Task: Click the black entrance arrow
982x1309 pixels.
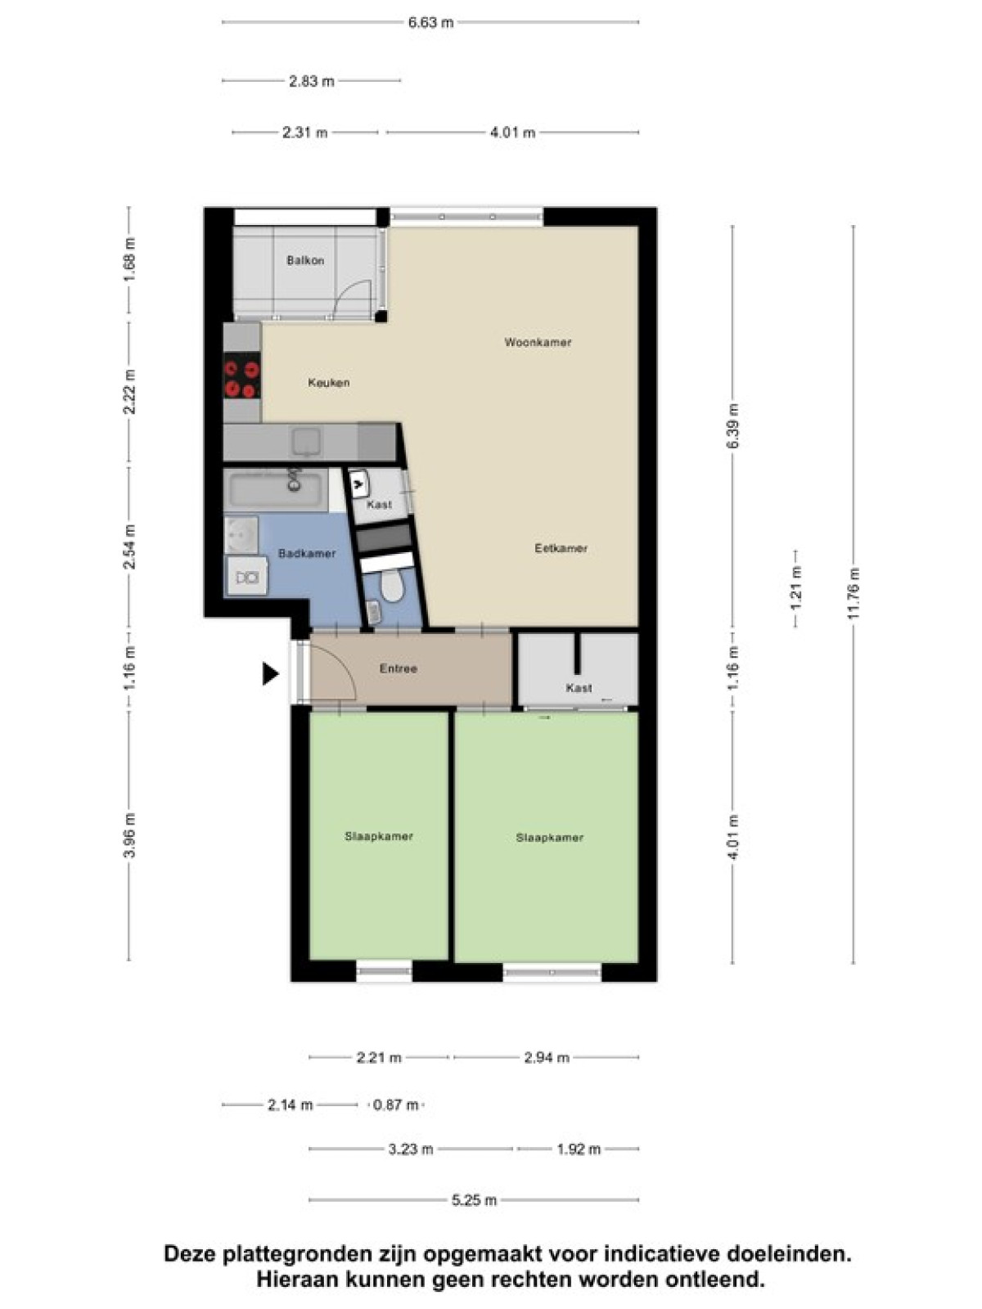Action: click(270, 674)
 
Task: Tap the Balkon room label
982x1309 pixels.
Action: click(305, 261)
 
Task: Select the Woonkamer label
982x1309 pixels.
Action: click(538, 342)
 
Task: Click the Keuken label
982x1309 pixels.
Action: click(328, 383)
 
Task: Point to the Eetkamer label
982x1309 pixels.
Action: click(561, 548)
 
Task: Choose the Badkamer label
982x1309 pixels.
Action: click(307, 553)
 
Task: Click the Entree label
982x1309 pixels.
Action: click(399, 668)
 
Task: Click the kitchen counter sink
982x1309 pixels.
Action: click(306, 442)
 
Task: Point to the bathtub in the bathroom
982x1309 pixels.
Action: click(276, 490)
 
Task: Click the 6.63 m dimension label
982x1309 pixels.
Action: click(430, 23)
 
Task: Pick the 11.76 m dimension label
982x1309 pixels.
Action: click(854, 593)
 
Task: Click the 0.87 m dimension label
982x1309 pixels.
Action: click(395, 1105)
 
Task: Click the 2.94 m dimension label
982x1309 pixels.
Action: click(547, 1057)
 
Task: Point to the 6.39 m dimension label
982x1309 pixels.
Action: click(733, 426)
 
